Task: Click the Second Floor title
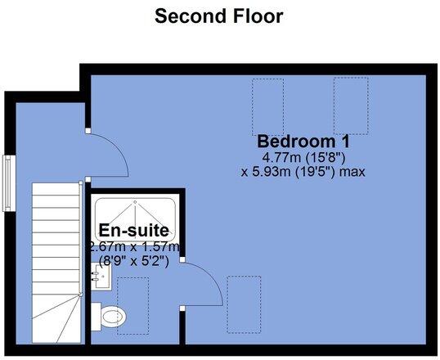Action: (x=219, y=16)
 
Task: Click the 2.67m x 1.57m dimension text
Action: (x=133, y=247)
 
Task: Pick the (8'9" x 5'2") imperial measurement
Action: (x=133, y=262)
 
